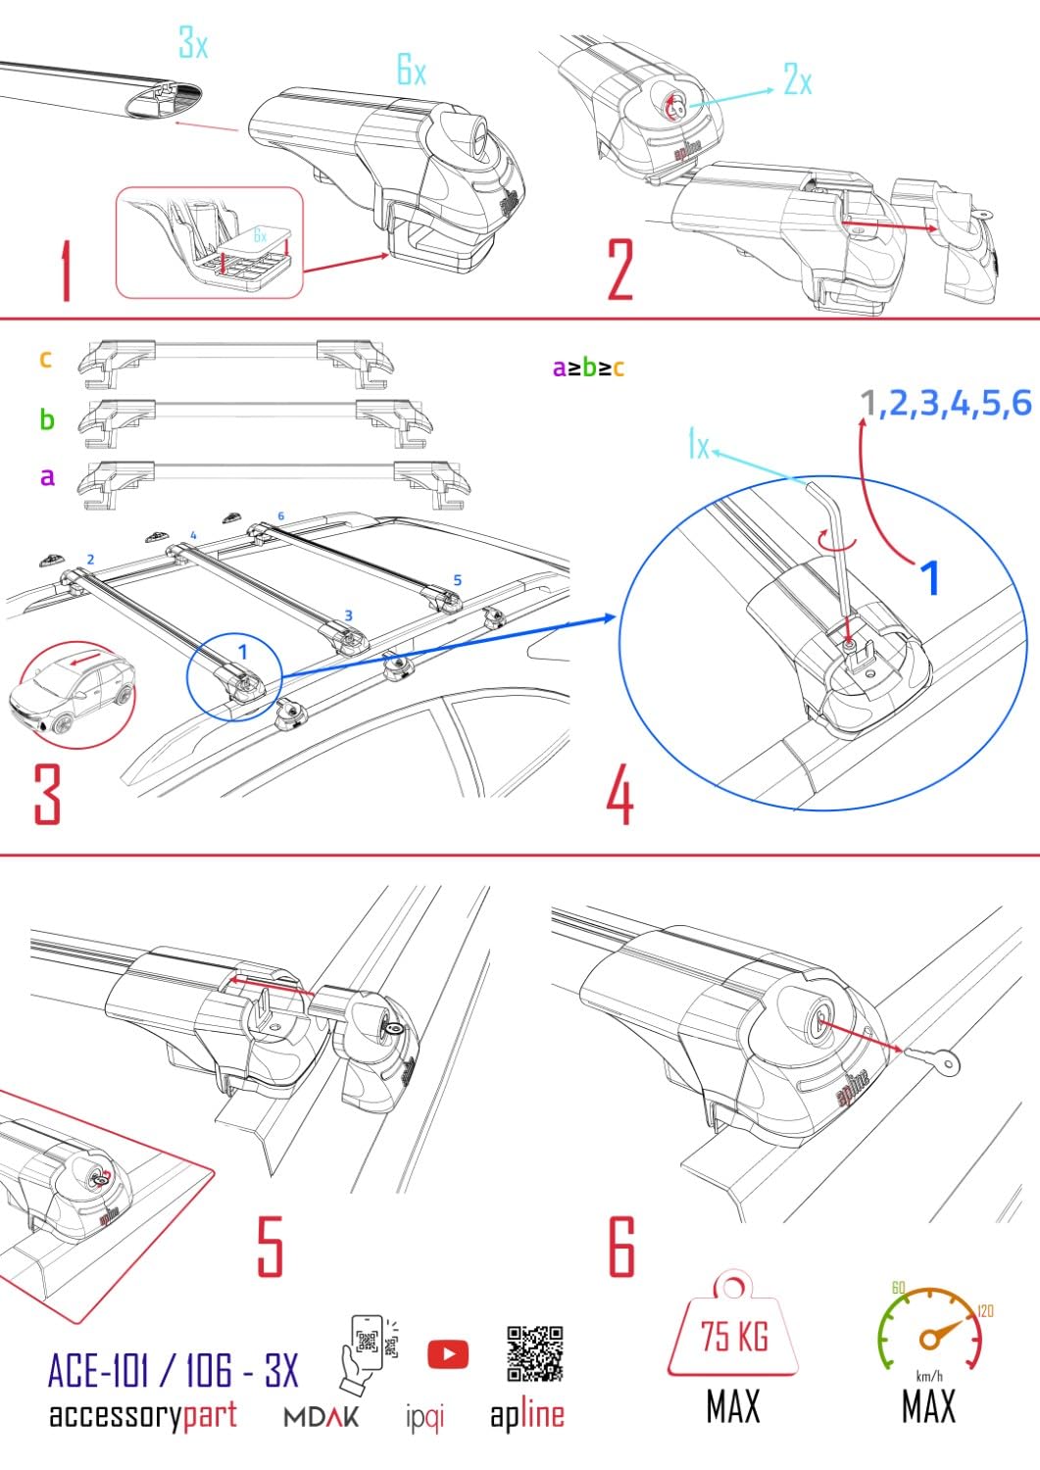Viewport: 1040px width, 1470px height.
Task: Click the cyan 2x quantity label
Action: (798, 79)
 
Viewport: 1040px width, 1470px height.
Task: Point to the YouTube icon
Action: (447, 1354)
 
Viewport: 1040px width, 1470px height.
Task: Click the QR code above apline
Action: (534, 1353)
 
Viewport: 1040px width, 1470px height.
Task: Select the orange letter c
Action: (45, 360)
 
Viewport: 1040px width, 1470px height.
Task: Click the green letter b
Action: (46, 420)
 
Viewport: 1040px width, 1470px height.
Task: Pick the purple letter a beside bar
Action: (46, 477)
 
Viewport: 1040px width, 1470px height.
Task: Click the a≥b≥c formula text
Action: (588, 368)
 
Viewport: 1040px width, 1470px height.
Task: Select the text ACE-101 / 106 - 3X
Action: (173, 1370)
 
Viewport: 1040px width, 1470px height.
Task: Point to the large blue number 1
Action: (929, 577)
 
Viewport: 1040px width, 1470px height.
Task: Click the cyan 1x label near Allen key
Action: (698, 446)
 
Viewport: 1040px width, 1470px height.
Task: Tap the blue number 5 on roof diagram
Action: (458, 580)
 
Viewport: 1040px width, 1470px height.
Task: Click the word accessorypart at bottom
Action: (143, 1415)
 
